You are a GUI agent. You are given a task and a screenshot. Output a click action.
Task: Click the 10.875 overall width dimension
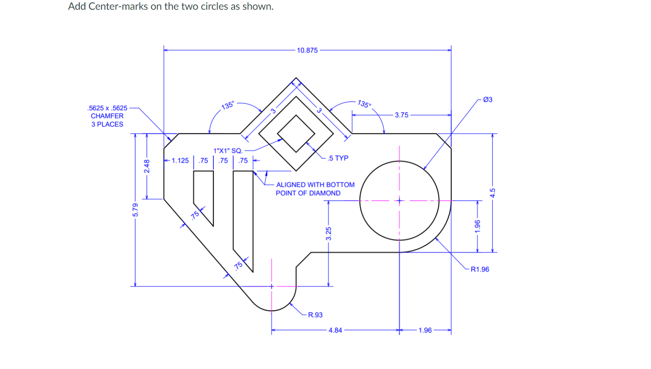pos(307,50)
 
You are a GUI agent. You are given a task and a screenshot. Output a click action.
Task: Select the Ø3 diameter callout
pos(488,100)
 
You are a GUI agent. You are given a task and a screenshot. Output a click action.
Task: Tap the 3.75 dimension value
pos(401,115)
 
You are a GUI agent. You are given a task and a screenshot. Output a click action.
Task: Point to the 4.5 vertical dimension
pos(493,193)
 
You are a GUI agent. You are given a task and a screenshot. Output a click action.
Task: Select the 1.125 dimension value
pos(180,161)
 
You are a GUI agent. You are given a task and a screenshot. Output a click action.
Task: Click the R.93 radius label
pos(315,315)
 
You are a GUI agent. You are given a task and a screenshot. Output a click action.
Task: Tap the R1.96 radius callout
pos(480,269)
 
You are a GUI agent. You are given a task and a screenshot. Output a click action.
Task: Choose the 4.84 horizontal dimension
pos(335,331)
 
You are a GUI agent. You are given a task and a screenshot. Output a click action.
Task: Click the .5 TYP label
pos(338,158)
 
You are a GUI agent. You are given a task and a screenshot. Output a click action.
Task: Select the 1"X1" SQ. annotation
pos(224,151)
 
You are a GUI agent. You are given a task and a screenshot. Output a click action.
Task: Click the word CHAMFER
pos(107,116)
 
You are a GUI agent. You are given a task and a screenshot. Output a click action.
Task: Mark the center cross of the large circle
pos(399,200)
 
